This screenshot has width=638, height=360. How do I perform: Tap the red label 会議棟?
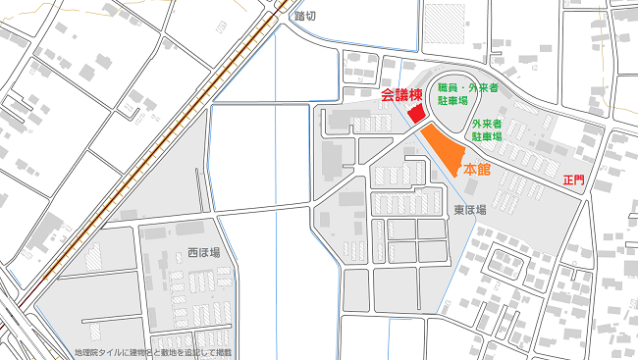click(401, 95)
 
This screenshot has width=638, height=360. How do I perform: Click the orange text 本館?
click(477, 170)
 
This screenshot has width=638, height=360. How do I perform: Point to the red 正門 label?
click(573, 181)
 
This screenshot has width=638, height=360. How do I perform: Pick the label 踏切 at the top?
click(306, 17)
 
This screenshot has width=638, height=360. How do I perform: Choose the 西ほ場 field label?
click(203, 252)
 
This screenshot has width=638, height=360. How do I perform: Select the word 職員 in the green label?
click(444, 87)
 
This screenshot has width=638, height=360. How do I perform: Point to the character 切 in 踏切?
click(312, 17)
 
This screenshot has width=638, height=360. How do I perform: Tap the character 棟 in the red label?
click(415, 95)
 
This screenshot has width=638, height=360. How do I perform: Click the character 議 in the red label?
click(401, 95)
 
